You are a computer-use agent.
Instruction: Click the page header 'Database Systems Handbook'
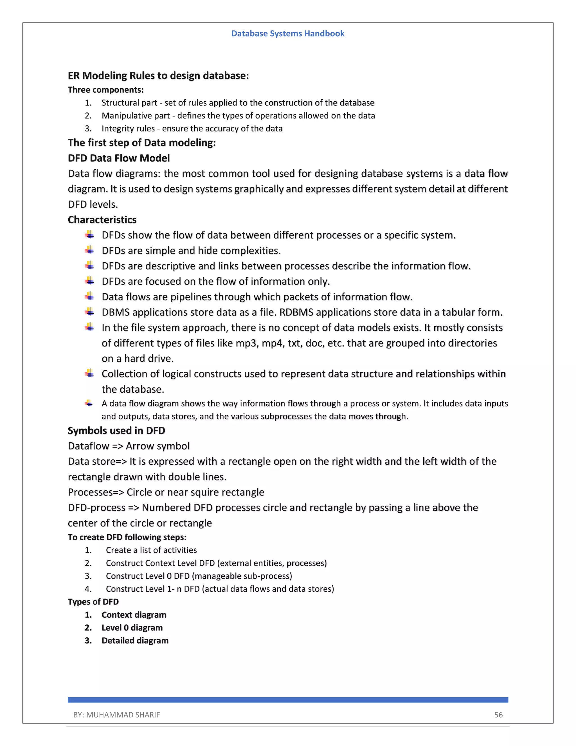pos(288,33)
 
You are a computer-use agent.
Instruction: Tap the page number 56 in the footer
pos(498,714)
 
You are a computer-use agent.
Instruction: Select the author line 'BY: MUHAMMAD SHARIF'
pos(116,714)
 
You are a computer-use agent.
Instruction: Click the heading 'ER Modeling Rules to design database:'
pos(158,75)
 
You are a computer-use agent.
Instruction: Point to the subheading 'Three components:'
pos(106,90)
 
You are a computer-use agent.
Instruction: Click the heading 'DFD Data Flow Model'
pos(119,158)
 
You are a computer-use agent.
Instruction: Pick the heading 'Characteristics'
pos(102,220)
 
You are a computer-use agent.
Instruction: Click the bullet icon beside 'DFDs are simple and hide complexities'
pos(89,250)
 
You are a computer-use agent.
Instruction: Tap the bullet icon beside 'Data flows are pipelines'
pos(89,296)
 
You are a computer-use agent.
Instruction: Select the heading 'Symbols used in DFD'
pos(116,430)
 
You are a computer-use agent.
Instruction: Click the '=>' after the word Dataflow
pos(117,446)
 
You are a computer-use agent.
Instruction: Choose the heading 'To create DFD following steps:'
pos(127,537)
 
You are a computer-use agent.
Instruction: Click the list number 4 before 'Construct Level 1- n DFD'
pos(88,589)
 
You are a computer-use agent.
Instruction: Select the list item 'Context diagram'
pos(134,615)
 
